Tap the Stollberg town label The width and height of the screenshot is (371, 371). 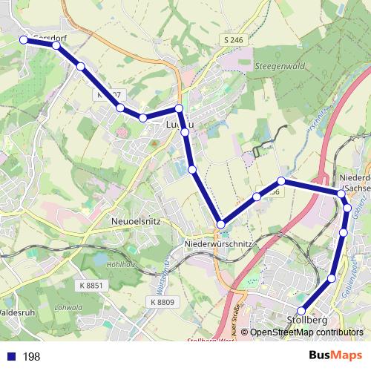pos(306,321)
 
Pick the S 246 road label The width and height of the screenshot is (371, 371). pos(232,39)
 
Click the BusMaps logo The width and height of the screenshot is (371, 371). pos(335,356)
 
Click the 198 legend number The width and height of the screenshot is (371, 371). pos(31,357)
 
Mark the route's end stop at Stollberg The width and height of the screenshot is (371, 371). pos(301,311)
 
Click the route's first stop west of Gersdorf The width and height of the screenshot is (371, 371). pos(24,39)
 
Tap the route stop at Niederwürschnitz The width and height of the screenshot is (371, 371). pos(220,223)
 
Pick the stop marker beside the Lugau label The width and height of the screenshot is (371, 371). pos(179,109)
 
